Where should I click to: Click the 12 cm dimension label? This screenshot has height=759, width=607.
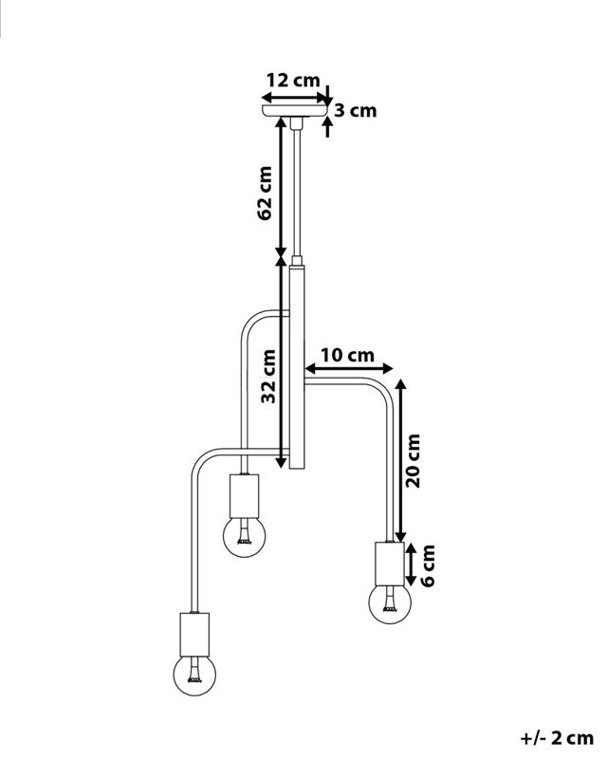point(293,80)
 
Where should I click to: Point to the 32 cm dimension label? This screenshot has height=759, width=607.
point(269,377)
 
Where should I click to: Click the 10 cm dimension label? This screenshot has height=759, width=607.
point(348,355)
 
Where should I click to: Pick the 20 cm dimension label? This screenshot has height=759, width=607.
point(414,460)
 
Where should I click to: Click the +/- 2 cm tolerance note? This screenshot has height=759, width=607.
point(557,736)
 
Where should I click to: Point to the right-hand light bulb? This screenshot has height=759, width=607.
point(388,602)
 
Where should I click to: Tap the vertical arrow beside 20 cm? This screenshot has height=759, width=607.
point(400,460)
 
